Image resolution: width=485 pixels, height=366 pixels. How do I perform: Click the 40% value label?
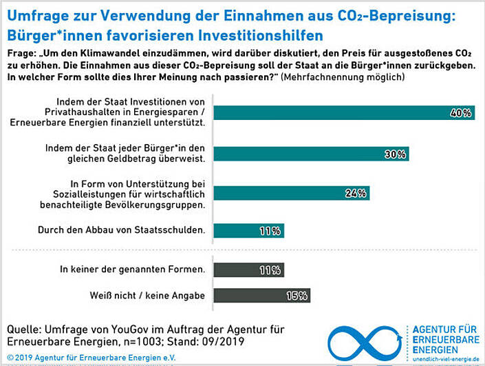point(460,113)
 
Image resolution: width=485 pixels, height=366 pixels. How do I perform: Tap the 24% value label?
point(355,193)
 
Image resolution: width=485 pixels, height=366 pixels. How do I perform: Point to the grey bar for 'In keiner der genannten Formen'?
point(241,270)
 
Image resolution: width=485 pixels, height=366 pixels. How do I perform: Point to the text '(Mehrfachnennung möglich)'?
point(342,77)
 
